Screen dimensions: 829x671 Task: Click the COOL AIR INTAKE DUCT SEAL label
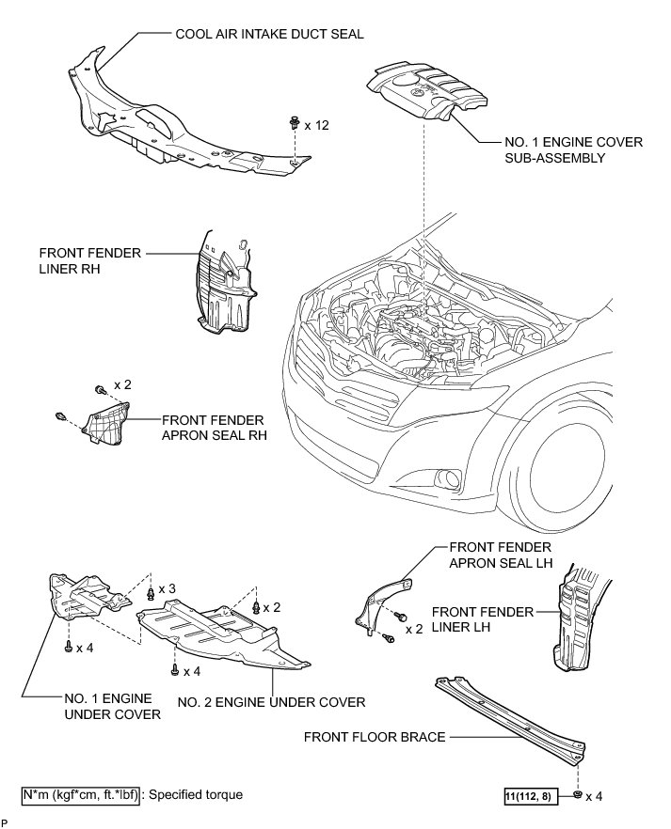point(269,34)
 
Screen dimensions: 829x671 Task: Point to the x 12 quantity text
point(316,125)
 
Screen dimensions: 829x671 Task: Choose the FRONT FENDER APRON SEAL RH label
point(213,429)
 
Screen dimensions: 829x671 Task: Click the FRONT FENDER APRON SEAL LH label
point(500,555)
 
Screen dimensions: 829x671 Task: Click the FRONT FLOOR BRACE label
point(374,737)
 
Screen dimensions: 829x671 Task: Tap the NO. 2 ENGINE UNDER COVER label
point(273,702)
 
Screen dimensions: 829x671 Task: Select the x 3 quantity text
point(168,588)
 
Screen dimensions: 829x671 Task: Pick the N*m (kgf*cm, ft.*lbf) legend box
point(80,795)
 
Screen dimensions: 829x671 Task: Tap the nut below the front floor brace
point(575,796)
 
